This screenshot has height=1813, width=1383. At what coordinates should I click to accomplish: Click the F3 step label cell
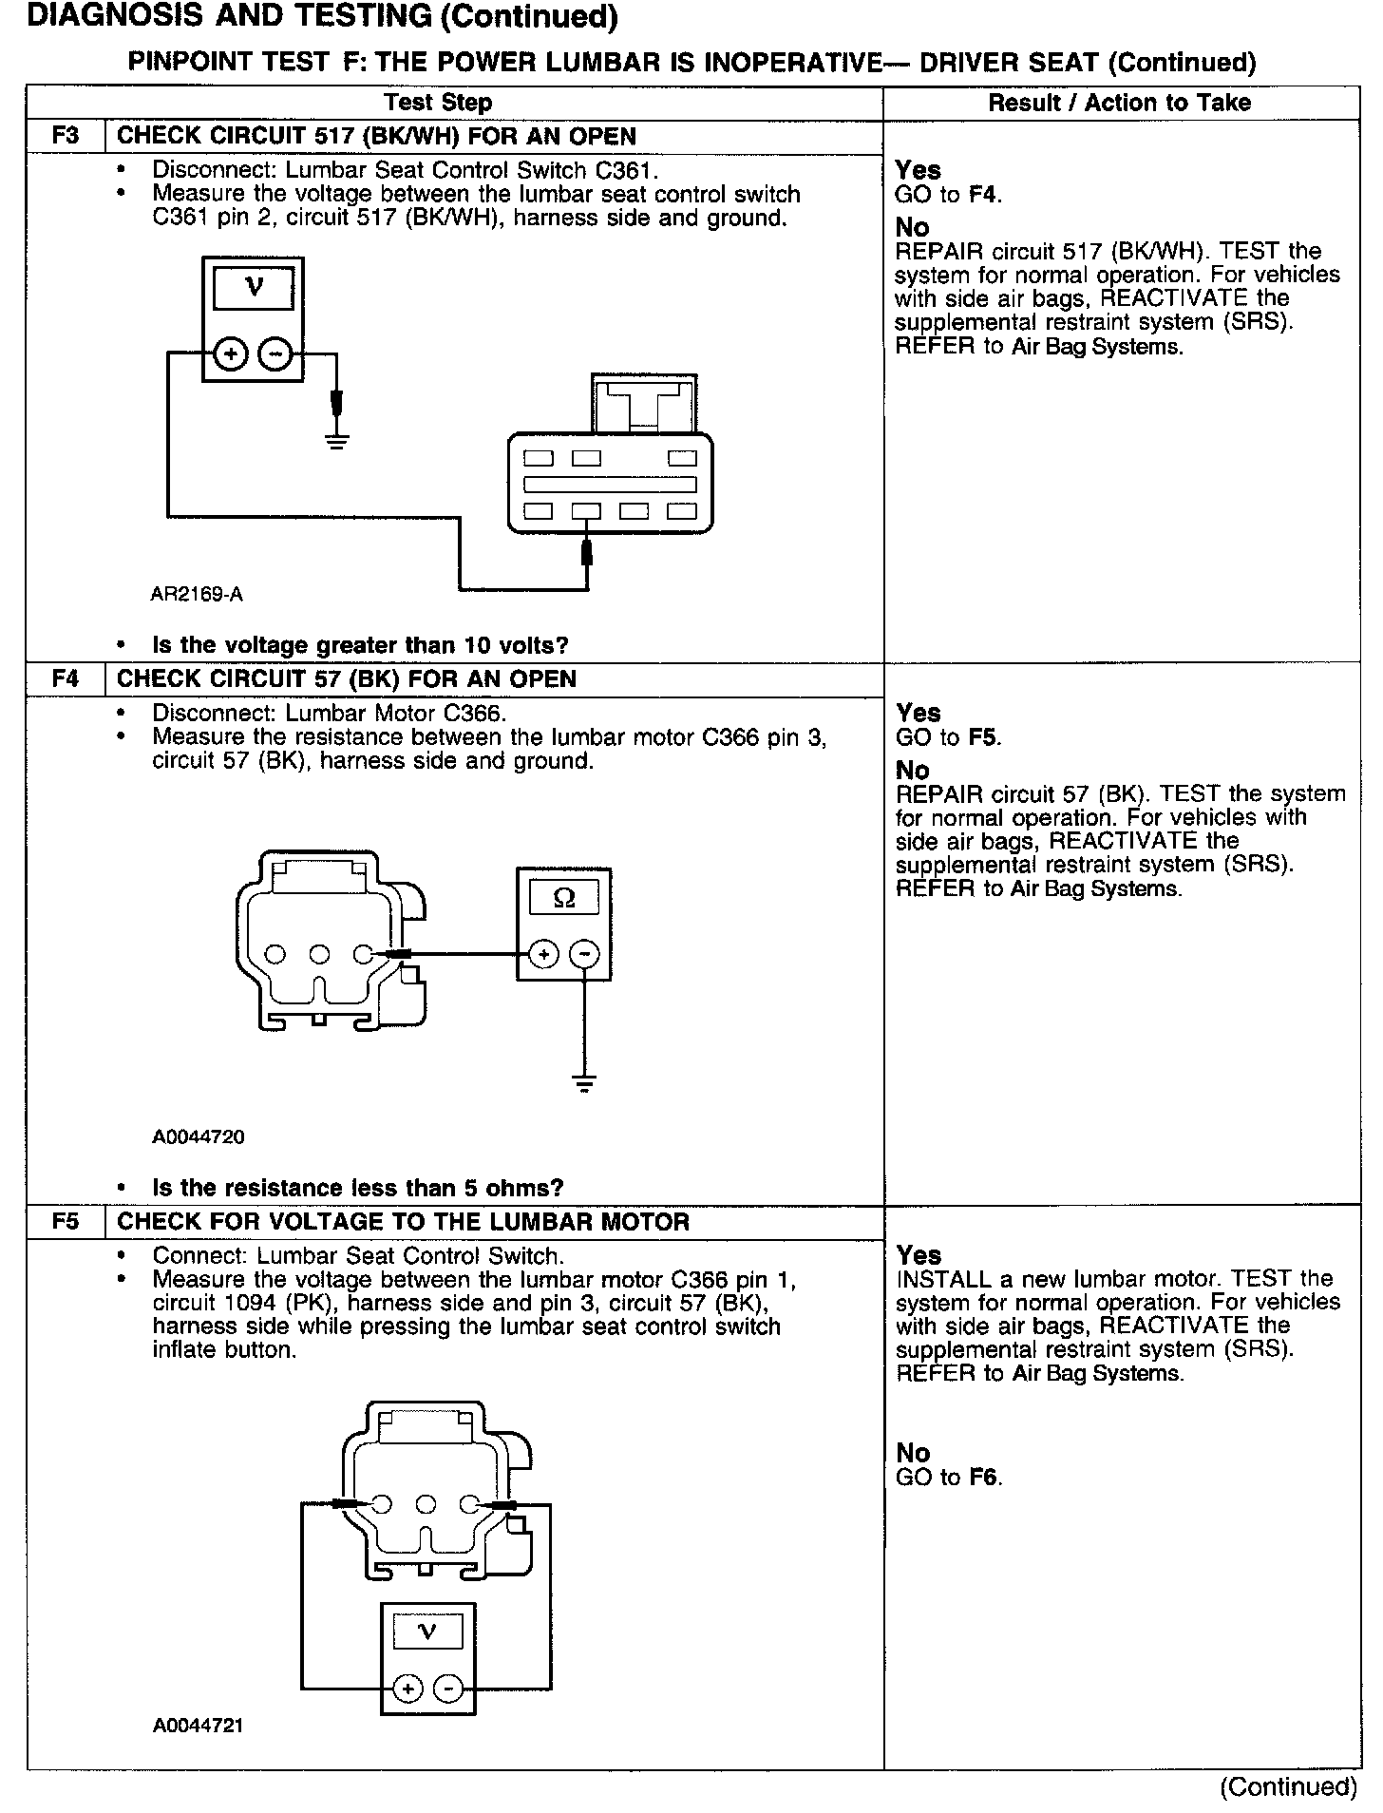click(x=66, y=135)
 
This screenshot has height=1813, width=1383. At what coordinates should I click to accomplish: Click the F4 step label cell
click(x=66, y=678)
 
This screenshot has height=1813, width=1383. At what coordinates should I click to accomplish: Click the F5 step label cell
click(x=66, y=1221)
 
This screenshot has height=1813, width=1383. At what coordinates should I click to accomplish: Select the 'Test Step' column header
click(x=438, y=103)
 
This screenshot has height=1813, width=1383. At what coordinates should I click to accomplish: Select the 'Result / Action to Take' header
click(x=1120, y=103)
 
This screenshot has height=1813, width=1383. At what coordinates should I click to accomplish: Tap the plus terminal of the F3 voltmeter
click(x=230, y=354)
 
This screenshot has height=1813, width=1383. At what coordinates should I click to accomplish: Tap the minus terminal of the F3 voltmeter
click(x=275, y=354)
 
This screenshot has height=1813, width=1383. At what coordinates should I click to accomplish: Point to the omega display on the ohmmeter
click(x=564, y=897)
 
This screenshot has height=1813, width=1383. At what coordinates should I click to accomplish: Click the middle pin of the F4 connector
click(x=320, y=954)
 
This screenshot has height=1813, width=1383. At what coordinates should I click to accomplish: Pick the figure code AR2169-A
click(x=197, y=595)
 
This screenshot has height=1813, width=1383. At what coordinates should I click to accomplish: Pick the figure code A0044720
click(x=199, y=1136)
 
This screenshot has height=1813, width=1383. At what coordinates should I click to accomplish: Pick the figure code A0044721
click(x=199, y=1725)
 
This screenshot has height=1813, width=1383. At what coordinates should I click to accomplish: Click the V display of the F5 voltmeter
click(x=427, y=1632)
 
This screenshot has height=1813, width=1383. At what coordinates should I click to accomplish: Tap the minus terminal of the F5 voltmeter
click(x=449, y=1689)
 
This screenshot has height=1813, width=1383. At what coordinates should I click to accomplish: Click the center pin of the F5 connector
click(x=426, y=1504)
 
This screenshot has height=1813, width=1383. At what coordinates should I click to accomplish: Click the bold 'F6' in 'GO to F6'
click(x=985, y=1478)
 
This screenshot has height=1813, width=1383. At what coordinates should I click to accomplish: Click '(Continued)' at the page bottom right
click(x=1287, y=1786)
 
